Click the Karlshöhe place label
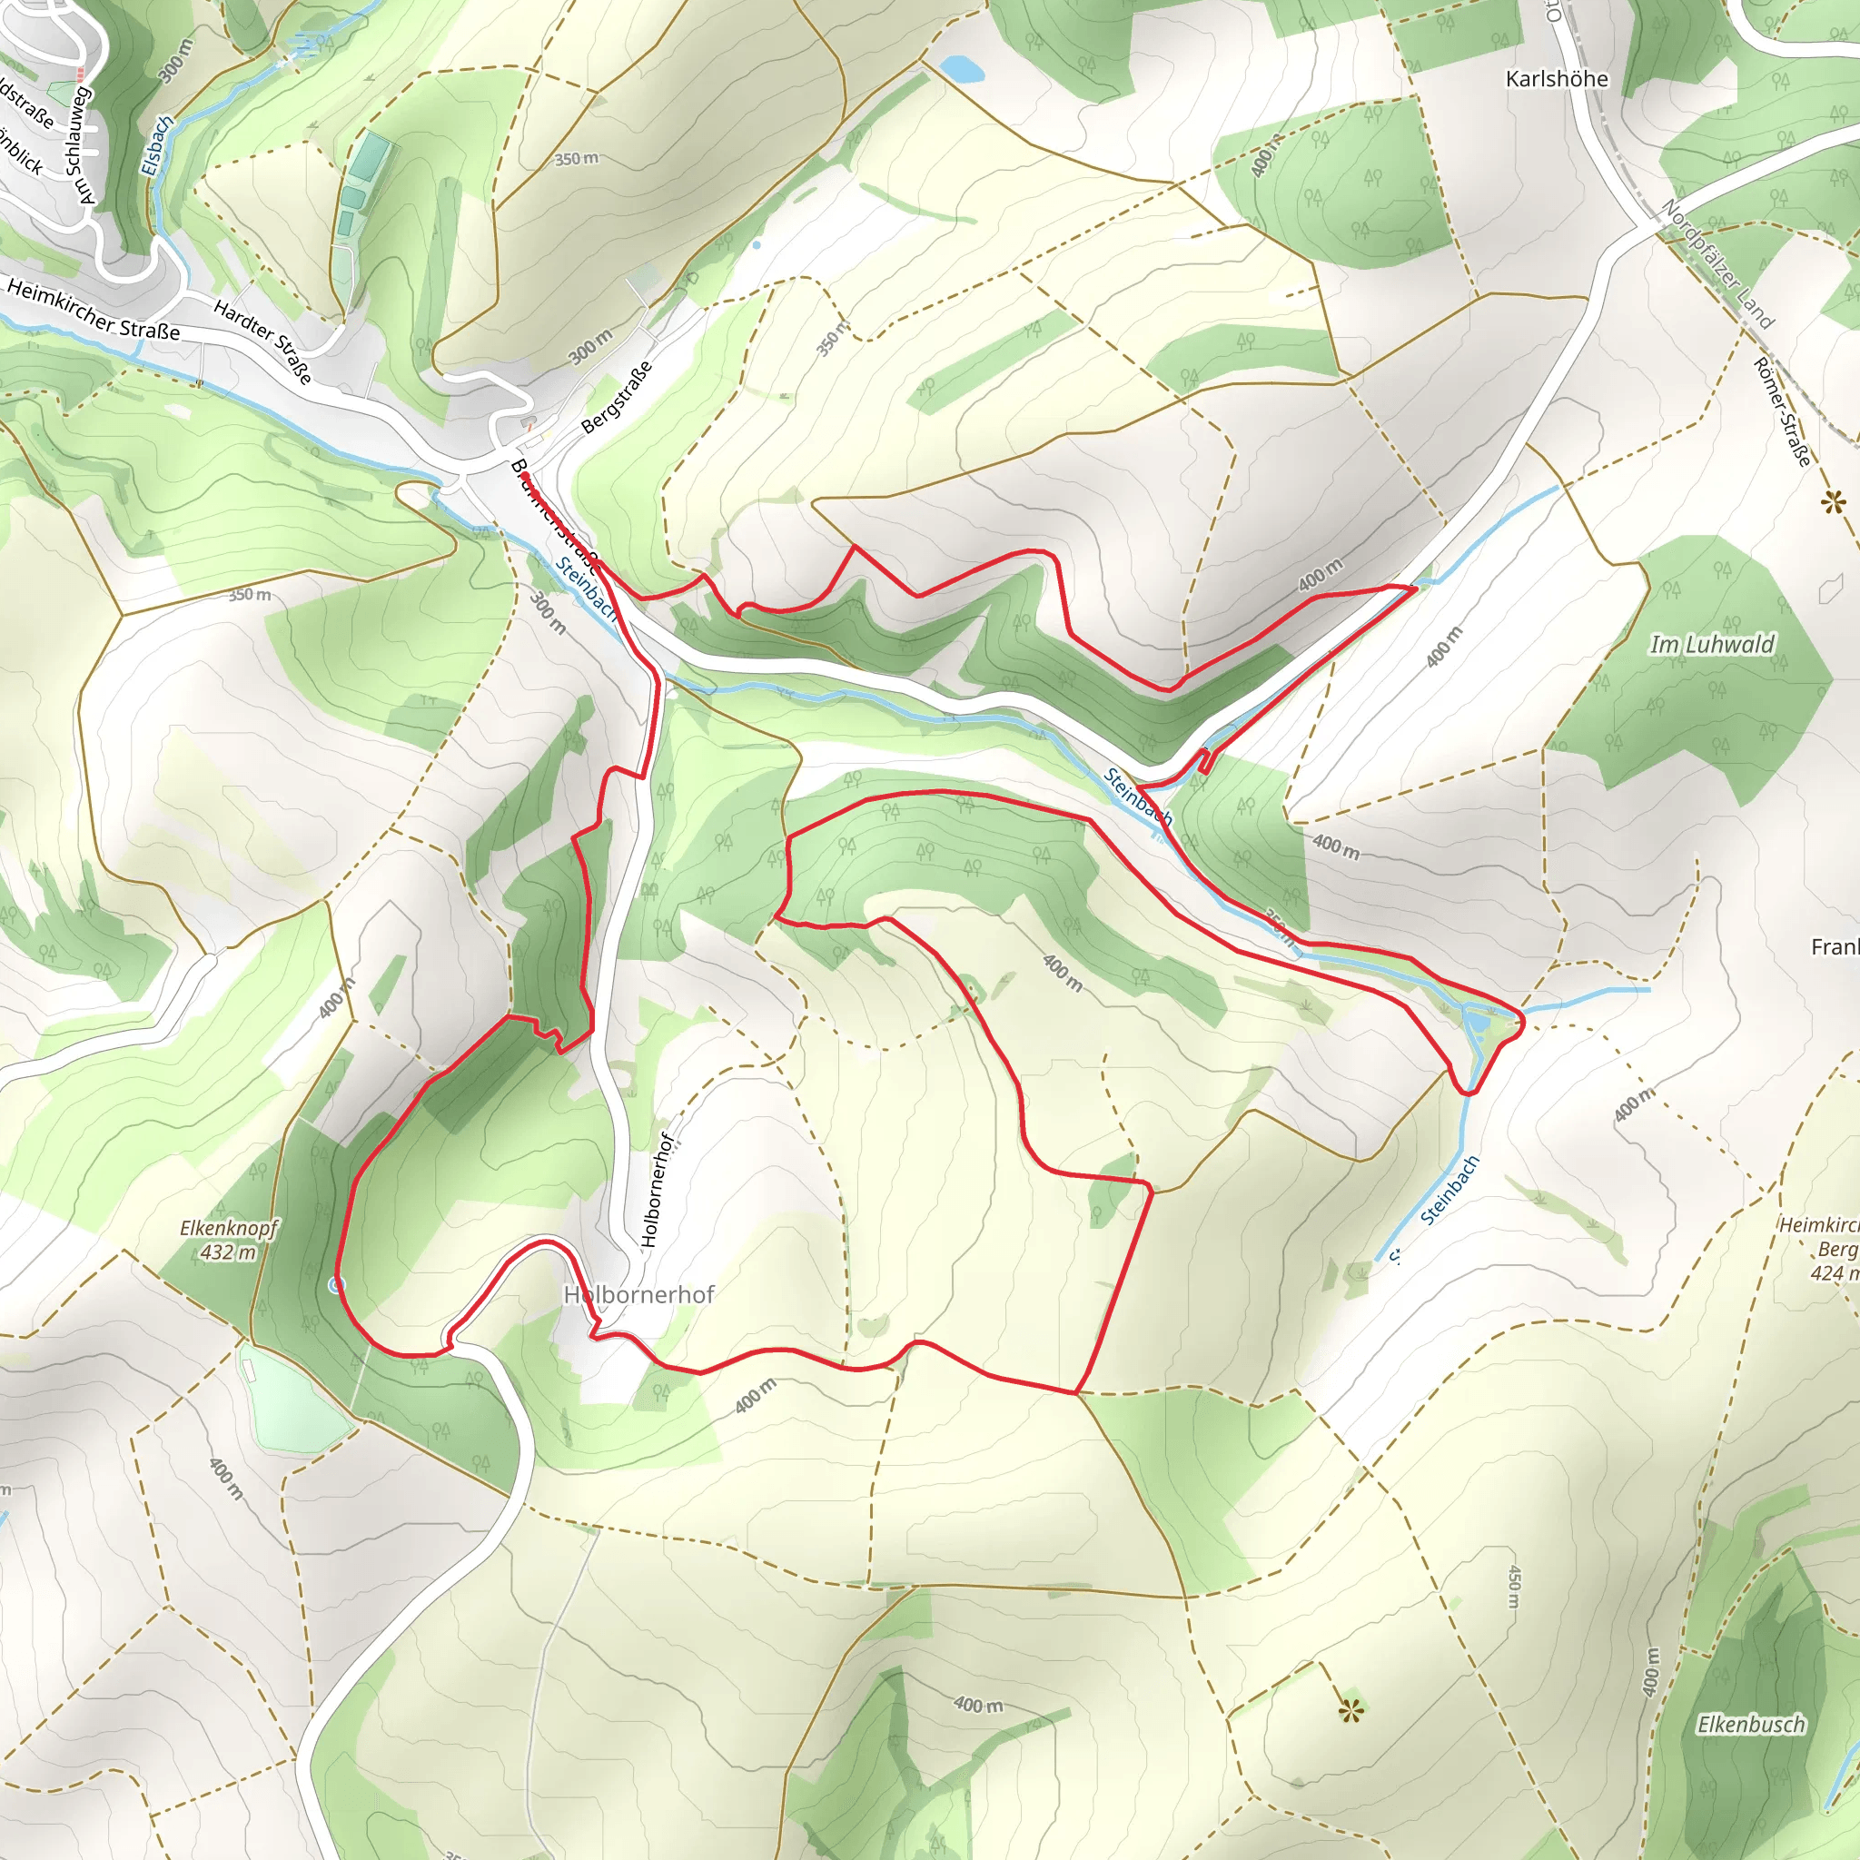coord(1556,79)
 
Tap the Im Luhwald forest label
coord(1711,644)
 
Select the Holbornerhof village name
coord(639,1295)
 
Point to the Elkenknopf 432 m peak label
coord(228,1240)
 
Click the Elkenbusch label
coord(1750,1725)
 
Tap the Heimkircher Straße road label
coord(94,309)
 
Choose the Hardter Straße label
coord(262,341)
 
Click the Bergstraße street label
coord(617,397)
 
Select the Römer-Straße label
coord(1782,411)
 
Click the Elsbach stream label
coord(157,145)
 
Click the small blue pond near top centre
coord(962,68)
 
